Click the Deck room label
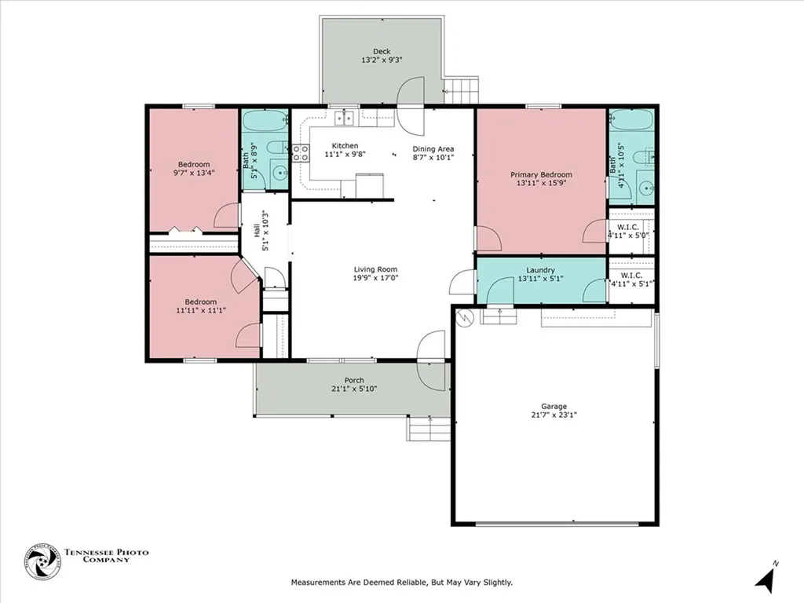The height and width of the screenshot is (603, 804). [x=382, y=51]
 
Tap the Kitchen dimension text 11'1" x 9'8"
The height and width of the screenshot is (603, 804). [x=345, y=154]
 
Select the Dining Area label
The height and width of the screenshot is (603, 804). [x=433, y=148]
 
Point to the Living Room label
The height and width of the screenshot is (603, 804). [x=375, y=269]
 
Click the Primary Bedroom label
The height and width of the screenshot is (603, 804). [x=541, y=174]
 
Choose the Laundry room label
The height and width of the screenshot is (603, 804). [x=540, y=270]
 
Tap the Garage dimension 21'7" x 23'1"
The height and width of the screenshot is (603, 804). [x=554, y=415]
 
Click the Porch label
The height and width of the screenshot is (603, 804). [x=354, y=380]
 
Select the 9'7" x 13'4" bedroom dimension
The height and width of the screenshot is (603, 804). [x=194, y=173]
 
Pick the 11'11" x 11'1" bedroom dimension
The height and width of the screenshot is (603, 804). [x=200, y=310]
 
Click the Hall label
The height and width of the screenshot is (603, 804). [x=256, y=231]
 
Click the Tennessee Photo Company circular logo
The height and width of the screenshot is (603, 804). [x=42, y=562]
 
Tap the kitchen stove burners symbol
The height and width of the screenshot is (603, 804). [x=301, y=153]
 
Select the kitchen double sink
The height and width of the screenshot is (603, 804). [x=345, y=119]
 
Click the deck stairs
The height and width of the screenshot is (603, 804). [x=462, y=91]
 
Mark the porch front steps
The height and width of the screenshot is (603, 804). [x=429, y=429]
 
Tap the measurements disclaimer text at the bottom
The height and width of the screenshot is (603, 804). [x=402, y=583]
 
